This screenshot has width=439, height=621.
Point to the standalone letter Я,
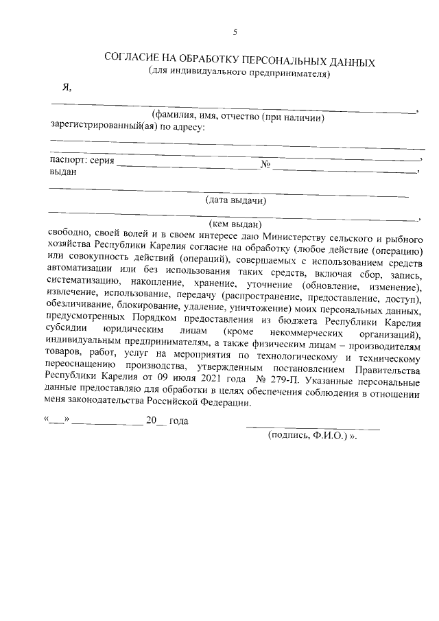pos(66,87)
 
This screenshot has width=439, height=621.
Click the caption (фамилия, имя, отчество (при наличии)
pos(237,117)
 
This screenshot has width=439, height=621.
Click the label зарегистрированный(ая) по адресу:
pos(126,126)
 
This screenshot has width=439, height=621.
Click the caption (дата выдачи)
pos(236,200)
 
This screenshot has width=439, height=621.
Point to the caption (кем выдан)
pos(235,223)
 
